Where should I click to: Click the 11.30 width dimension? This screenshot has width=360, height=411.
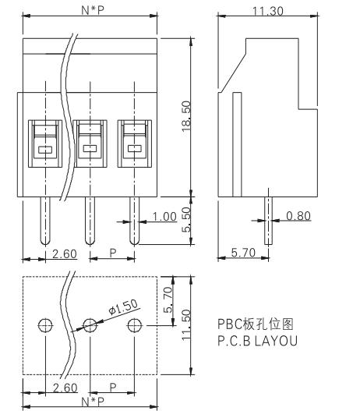coord(267,11)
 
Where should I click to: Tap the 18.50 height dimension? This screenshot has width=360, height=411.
coord(186,116)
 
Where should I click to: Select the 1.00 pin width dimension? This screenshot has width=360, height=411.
coord(164,217)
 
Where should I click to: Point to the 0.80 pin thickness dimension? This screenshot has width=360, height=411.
coord(298,216)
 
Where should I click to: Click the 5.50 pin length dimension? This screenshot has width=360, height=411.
coord(186,220)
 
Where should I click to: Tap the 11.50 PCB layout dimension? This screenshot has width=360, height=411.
coord(186,324)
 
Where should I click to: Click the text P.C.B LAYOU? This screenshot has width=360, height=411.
coord(258,341)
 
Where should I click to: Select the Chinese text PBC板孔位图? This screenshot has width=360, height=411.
coord(256,324)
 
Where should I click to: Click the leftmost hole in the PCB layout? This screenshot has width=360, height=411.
coord(45,325)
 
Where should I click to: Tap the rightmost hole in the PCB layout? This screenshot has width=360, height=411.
coord(135,325)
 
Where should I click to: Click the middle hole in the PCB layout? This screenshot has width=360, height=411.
coord(90,325)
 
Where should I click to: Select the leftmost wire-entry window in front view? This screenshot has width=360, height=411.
coord(45,143)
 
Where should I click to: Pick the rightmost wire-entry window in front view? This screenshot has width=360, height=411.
coord(135,143)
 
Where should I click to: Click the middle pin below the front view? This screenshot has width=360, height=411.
coord(90,221)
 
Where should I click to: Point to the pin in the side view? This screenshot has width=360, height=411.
coord(268,221)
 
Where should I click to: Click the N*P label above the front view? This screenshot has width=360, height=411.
coord(93,10)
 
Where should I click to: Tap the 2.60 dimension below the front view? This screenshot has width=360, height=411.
coord(65,254)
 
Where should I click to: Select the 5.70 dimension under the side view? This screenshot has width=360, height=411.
coord(243,253)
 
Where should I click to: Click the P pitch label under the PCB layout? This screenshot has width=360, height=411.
coord(113,388)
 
